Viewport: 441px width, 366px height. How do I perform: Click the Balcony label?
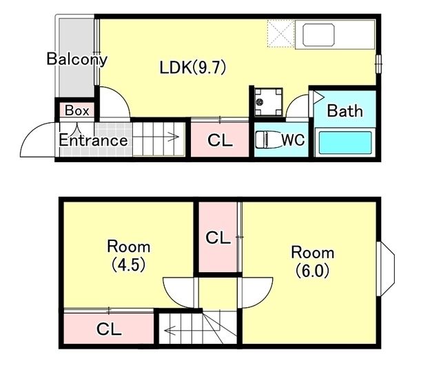(76, 59)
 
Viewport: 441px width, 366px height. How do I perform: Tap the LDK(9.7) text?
(193, 68)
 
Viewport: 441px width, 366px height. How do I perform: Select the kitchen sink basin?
(318, 35)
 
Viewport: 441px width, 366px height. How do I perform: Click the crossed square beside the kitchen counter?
(281, 34)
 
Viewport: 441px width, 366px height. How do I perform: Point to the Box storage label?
(76, 110)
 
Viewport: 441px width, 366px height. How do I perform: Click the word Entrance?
(93, 140)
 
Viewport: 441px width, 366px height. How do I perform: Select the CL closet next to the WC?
(220, 139)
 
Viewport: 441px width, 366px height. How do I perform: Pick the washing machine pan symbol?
(268, 102)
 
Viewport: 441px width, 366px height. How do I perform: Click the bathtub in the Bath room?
(345, 142)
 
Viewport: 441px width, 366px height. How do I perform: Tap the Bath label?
(345, 110)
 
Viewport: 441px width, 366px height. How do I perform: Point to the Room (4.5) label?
(129, 256)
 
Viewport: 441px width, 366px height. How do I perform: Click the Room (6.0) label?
(312, 262)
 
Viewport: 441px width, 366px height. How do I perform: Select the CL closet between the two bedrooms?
(218, 237)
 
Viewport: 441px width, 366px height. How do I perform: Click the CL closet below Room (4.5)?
(109, 329)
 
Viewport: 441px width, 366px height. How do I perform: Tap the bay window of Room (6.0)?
(387, 269)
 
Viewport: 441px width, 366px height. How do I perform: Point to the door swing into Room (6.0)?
(262, 298)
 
